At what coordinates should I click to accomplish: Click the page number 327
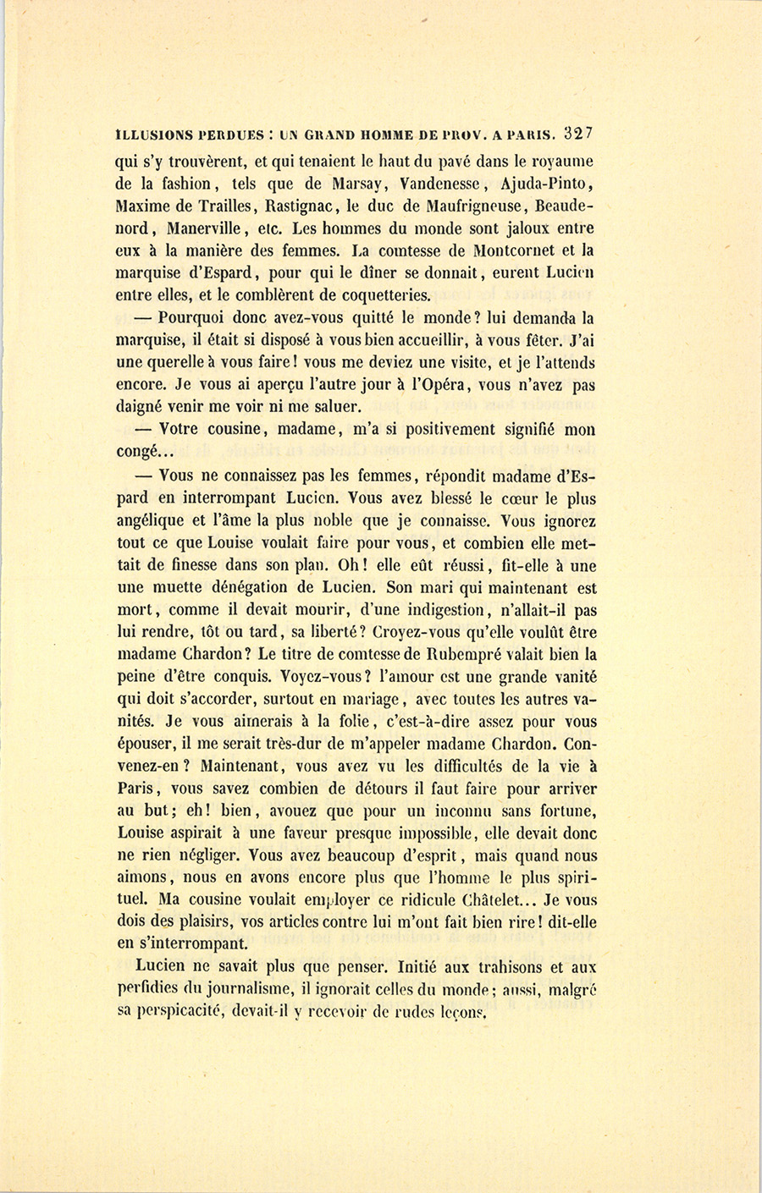coord(581,134)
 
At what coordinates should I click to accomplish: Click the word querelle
coord(161,363)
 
